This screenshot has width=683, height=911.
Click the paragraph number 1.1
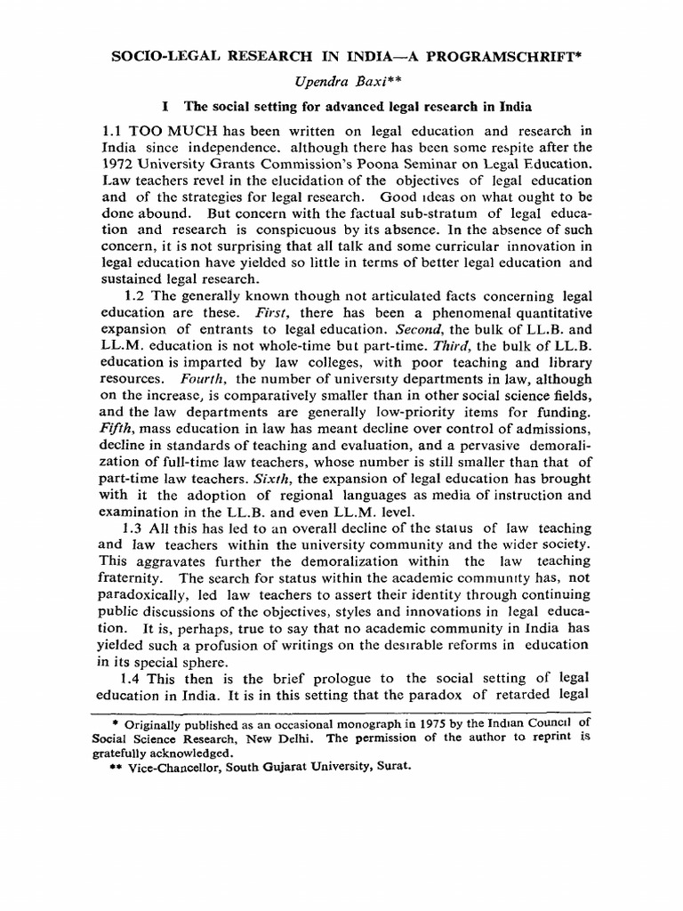tap(116, 132)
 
